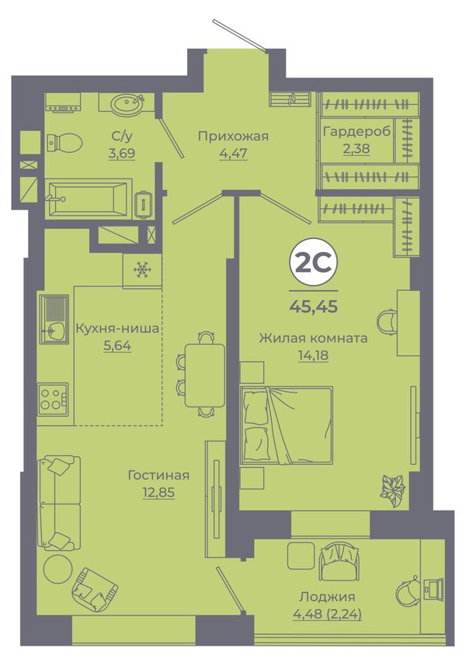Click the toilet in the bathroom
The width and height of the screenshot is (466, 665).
pos(64,143)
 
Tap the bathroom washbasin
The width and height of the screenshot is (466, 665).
pos(127,102)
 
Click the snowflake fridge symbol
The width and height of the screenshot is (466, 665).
pos(141,270)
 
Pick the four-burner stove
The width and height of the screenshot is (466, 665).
pos(53,399)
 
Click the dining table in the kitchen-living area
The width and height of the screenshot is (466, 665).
pos(204,375)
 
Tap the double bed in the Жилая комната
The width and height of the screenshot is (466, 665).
pos(286,425)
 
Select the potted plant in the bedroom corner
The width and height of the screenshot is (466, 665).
pos(393,491)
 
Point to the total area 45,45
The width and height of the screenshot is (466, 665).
pos(313,306)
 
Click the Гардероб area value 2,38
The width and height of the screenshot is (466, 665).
pos(356,148)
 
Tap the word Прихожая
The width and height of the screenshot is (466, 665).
pos(234,137)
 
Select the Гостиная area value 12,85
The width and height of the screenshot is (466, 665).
pos(158,492)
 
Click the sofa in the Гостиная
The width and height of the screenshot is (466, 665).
pos(58,503)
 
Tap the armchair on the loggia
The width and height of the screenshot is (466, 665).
pos(339,562)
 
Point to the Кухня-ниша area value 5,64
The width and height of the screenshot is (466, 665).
pos(117,346)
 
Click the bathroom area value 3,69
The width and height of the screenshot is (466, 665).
pos(122,153)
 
